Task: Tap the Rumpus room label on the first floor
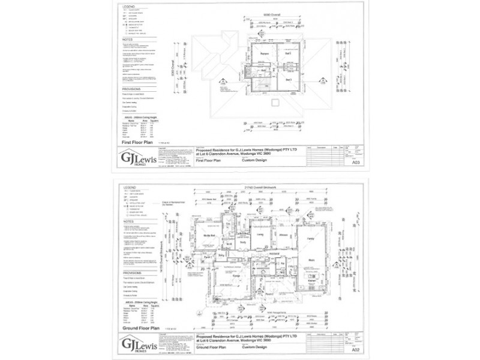coord(263,53)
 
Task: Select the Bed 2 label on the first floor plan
coord(288,53)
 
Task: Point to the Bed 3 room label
coord(288,80)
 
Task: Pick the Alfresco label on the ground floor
coord(282,235)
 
